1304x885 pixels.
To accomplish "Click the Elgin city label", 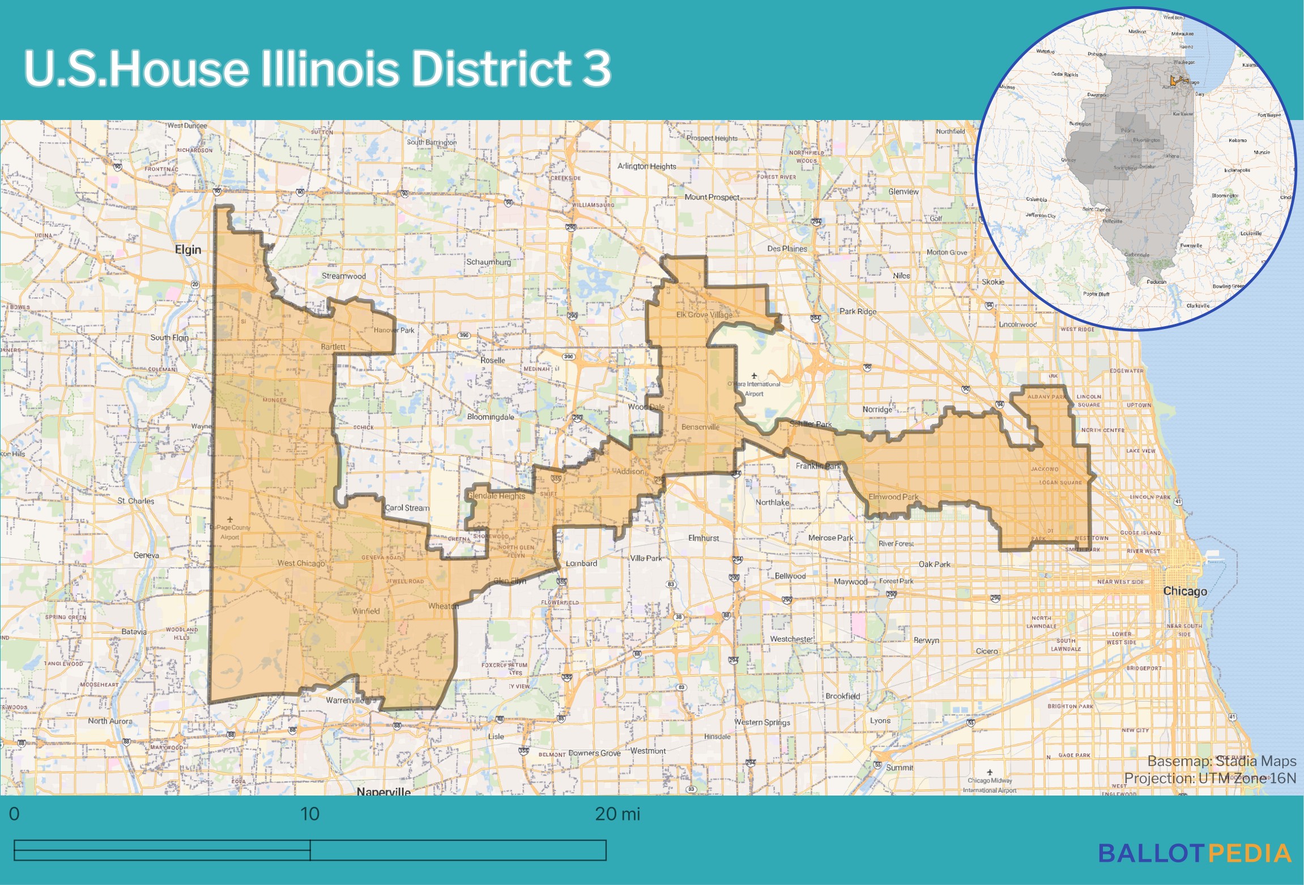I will [x=187, y=250].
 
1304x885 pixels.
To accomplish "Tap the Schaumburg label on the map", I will [x=488, y=262].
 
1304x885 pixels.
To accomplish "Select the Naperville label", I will [x=383, y=791].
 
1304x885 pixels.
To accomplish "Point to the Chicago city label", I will [x=1184, y=591].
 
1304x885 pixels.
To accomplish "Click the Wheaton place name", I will [x=443, y=606].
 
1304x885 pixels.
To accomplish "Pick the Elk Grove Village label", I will [x=704, y=315].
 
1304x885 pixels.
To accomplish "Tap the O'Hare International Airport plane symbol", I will [x=754, y=375].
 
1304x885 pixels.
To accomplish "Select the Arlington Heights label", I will [x=646, y=166].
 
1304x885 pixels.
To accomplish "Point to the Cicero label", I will [x=986, y=651].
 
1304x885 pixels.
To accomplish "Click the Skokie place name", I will [x=992, y=282].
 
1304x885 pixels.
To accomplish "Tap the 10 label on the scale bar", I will [x=309, y=814].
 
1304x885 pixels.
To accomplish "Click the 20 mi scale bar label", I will [x=617, y=814].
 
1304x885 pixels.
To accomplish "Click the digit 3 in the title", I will [x=596, y=69].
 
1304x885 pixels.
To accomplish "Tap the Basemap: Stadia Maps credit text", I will [x=1221, y=761].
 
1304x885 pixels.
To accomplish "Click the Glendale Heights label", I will [x=496, y=496].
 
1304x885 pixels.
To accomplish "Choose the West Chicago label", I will [x=301, y=563].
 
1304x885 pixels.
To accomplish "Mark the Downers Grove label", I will [x=594, y=753].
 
